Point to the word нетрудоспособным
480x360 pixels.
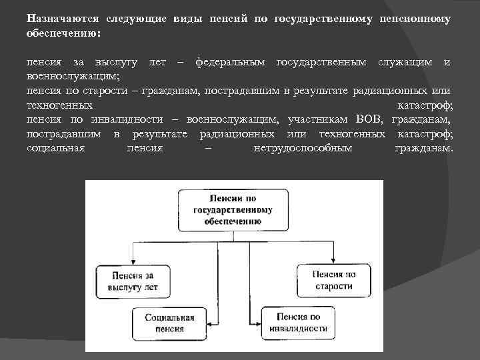303,148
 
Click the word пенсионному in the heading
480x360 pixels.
413,19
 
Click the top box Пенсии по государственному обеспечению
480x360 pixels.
233,209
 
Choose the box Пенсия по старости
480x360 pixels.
333,280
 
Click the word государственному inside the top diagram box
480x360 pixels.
233,209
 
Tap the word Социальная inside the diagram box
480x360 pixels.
169,318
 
